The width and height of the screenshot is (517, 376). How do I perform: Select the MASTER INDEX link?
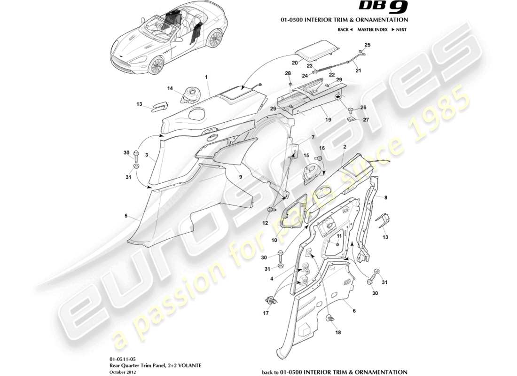click(372, 30)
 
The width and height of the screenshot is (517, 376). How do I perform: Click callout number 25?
click(368, 45)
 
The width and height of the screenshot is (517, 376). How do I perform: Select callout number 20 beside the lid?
click(295, 62)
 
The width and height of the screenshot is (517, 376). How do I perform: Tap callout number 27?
click(367, 119)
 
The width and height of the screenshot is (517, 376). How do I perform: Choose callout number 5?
click(126, 216)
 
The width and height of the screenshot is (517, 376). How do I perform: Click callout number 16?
click(322, 148)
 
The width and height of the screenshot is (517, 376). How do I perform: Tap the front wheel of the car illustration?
click(156, 65)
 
